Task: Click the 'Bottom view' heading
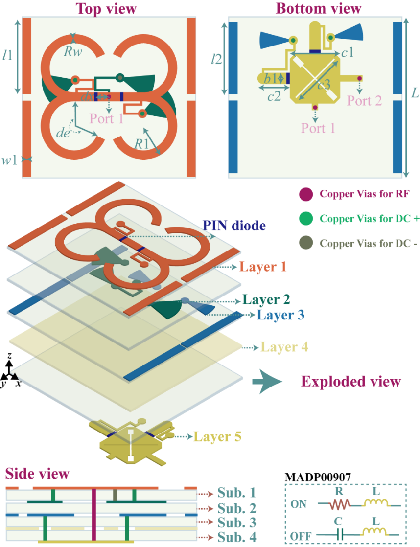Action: click(x=318, y=8)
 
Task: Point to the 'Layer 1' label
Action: click(x=262, y=267)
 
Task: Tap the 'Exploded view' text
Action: click(x=350, y=382)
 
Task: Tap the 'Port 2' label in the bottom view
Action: click(x=364, y=101)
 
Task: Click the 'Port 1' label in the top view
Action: click(x=107, y=118)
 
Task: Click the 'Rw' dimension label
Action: click(x=72, y=50)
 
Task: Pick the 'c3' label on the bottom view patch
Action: click(x=324, y=84)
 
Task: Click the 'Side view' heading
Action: click(x=37, y=474)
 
